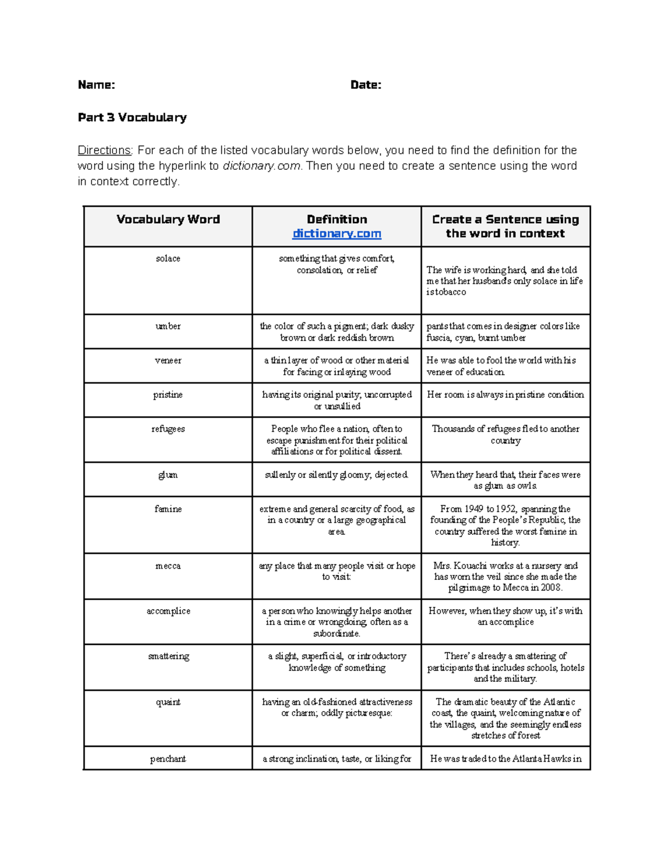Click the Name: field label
[x=97, y=85]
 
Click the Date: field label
[x=366, y=85]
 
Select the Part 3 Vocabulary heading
[x=132, y=117]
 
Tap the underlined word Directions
[x=104, y=150]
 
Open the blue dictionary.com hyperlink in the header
[x=337, y=234]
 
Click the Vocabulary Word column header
[x=168, y=219]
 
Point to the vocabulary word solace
[x=168, y=259]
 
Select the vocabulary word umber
[x=168, y=326]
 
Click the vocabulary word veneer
[x=168, y=360]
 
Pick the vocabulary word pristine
[x=168, y=395]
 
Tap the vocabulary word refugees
[x=168, y=429]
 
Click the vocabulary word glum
[x=168, y=475]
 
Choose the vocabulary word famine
[x=168, y=509]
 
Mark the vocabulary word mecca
[x=168, y=566]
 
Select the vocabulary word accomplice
[x=168, y=611]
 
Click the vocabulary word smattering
[x=168, y=656]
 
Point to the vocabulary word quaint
[x=168, y=702]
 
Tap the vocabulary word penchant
[x=168, y=759]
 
